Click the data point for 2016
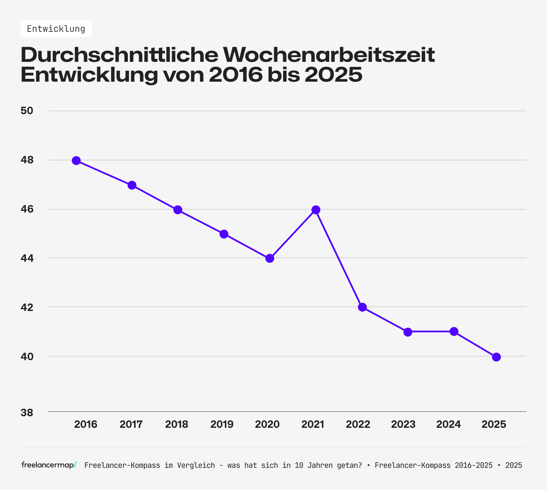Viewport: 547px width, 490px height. click(76, 161)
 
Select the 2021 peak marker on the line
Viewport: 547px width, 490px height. click(316, 209)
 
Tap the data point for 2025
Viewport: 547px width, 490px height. click(496, 357)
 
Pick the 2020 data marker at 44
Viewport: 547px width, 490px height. click(270, 258)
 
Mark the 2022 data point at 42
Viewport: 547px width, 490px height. click(362, 307)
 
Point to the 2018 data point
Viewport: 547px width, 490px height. click(178, 209)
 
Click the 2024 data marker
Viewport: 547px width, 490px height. click(454, 331)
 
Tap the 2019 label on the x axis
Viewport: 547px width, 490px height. click(222, 424)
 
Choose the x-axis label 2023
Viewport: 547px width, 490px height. click(403, 424)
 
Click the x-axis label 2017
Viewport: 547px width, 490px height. click(131, 424)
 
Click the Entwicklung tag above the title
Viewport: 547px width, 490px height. click(56, 29)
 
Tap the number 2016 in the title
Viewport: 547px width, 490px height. click(235, 75)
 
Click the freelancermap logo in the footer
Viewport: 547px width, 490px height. click(49, 465)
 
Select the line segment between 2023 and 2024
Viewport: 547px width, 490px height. click(431, 331)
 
